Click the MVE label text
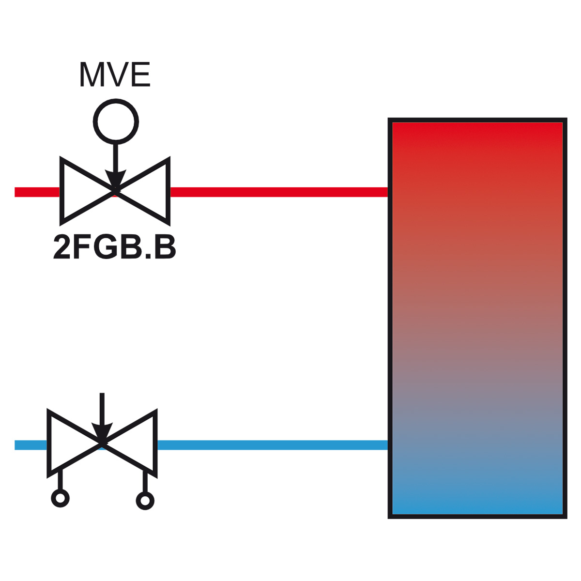pos(115,75)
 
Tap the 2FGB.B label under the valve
pos(114,247)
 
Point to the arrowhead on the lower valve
pos(102,432)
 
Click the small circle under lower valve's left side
pos(61,498)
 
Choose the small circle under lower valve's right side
pos(145,501)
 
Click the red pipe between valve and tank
pos(279,192)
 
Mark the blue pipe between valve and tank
pos(273,445)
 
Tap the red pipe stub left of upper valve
pos(37,192)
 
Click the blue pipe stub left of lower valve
pos(31,445)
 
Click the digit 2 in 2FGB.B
pos(61,247)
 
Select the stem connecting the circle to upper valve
pos(116,157)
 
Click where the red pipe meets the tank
pos(388,192)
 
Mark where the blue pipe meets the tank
pos(388,445)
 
